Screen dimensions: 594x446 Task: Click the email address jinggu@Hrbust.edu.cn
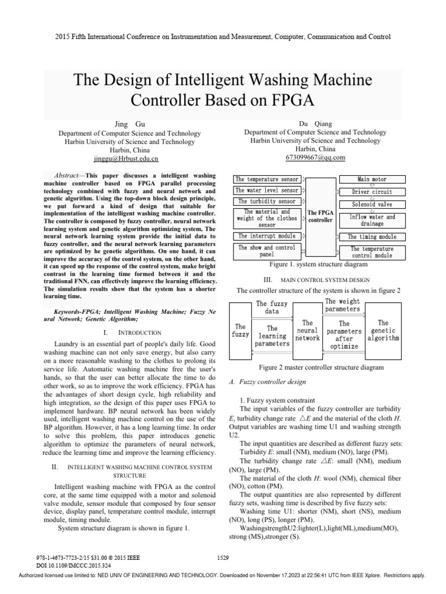126,158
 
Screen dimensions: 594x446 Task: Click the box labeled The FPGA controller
320,216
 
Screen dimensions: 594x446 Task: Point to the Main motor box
371,179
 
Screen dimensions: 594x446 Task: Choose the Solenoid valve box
371,204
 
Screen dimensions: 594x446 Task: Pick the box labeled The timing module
372,237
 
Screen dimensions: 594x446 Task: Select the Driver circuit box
372,191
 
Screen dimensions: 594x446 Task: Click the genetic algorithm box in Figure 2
383,331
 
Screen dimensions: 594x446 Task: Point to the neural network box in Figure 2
307,331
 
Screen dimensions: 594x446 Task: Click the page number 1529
224,557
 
